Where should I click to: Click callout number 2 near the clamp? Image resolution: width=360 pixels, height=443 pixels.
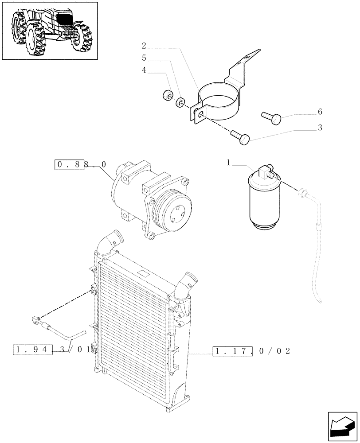145,46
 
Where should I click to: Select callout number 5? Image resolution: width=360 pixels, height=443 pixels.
145,58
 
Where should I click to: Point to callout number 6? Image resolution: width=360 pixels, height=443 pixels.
320,112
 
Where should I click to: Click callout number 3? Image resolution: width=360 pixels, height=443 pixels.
320,128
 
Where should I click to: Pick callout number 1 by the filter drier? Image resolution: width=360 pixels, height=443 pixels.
229,163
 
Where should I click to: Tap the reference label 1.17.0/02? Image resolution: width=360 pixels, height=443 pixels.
251,351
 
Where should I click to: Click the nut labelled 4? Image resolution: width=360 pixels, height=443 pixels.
168,95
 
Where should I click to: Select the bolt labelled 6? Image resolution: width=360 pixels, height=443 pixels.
272,117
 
